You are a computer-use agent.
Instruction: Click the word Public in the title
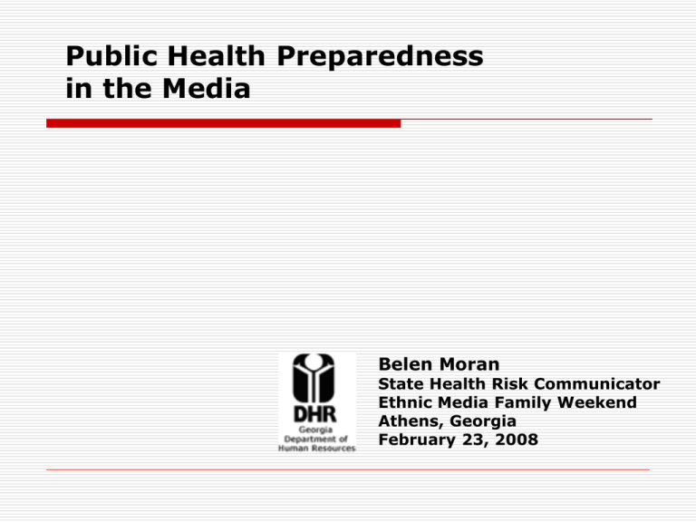point(111,56)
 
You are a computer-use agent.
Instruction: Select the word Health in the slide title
point(217,56)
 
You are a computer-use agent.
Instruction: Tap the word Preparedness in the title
point(380,56)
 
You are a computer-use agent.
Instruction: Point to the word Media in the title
point(207,88)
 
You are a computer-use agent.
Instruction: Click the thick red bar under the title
point(223,123)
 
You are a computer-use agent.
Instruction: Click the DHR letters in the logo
point(314,414)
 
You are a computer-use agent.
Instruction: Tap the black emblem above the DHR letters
point(314,378)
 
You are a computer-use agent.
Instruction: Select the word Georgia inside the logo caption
point(315,430)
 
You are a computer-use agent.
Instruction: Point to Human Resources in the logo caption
point(316,449)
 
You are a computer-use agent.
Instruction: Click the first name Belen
point(405,364)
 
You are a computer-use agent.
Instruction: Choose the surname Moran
point(469,364)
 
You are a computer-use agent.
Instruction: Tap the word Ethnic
point(405,402)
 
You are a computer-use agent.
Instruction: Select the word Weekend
point(596,402)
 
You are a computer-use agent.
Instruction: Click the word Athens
point(411,421)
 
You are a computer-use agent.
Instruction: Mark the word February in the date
point(417,440)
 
